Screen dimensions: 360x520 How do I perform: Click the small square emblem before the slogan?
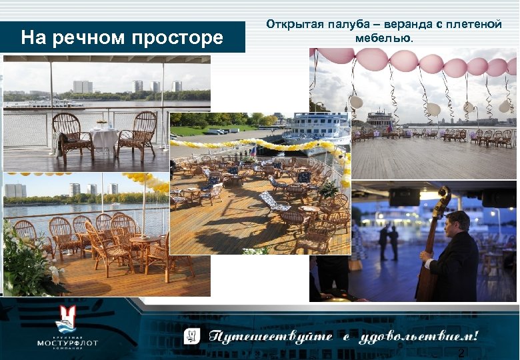tap(192, 335)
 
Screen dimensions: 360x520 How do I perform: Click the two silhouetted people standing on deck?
tap(389, 239)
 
